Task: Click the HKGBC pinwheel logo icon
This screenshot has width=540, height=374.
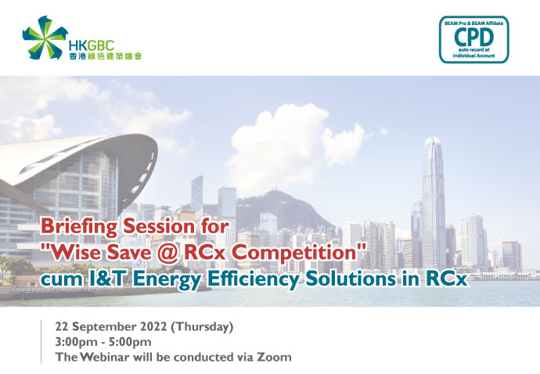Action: coord(45,38)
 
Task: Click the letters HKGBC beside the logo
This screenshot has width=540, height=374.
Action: coord(92,45)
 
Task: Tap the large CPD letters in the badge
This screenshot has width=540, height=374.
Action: coord(474,38)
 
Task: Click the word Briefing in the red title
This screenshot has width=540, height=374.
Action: coord(79,228)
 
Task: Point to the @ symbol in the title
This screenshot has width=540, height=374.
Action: coord(169,254)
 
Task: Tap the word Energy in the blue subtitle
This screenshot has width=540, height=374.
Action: coord(167,279)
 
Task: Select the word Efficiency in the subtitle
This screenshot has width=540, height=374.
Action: coord(253,279)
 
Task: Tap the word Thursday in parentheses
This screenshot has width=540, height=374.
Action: coord(202,327)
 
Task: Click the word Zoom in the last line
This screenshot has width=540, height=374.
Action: coord(274,357)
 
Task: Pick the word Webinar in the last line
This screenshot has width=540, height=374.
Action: coord(105,357)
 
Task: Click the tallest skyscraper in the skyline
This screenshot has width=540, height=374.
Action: coord(433,203)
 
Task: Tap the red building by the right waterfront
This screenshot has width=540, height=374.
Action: coord(512,256)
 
